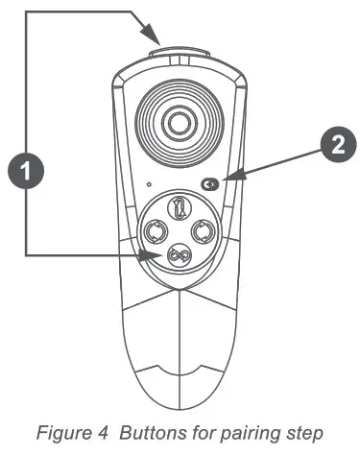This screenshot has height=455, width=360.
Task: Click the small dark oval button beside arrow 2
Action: point(210,184)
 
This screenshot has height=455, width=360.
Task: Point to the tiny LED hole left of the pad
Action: point(149,183)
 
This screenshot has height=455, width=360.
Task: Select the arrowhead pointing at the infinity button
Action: point(153,253)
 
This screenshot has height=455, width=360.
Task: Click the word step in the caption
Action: point(304,432)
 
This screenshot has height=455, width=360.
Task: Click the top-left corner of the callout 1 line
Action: point(26,12)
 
